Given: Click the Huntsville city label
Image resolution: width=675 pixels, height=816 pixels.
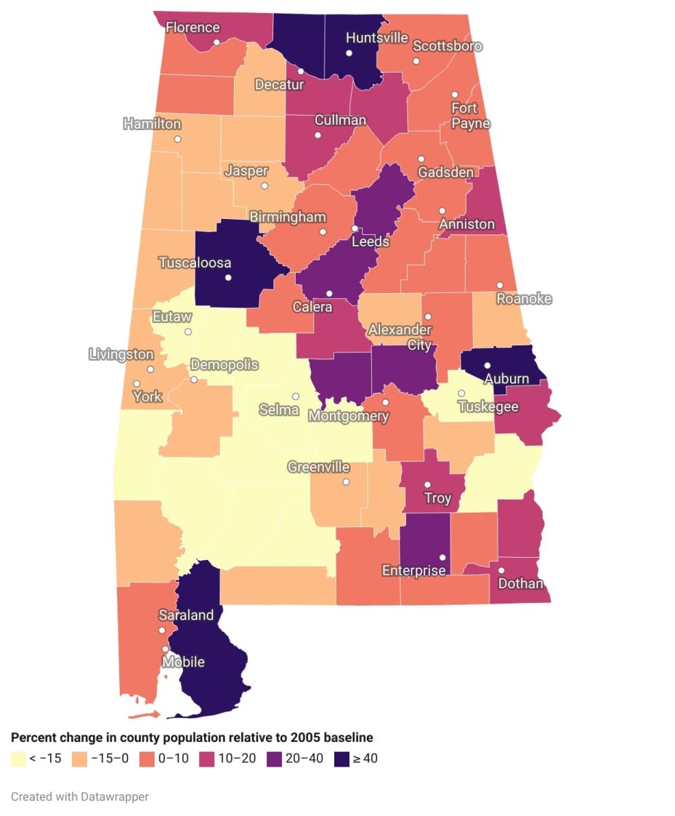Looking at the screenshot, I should (x=376, y=38).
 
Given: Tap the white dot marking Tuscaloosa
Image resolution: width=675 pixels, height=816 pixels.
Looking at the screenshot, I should (x=228, y=278).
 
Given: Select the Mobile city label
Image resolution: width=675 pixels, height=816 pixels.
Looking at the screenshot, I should (x=183, y=662).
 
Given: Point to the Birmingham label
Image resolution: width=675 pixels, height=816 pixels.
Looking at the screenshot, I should (x=288, y=217).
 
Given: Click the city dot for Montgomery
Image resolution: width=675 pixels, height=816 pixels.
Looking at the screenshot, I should (x=386, y=402).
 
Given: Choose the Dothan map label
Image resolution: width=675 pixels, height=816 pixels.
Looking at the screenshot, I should (x=521, y=583).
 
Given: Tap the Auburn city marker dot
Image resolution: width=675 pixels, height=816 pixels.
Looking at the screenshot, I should (x=488, y=366).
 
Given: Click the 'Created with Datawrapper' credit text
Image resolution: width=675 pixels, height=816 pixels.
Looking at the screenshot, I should (x=80, y=796).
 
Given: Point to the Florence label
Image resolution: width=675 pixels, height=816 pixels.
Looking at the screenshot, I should (x=193, y=28).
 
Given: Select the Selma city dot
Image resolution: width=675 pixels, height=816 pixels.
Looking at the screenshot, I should (x=296, y=396).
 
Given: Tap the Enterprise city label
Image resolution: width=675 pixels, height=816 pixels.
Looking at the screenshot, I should (x=414, y=571).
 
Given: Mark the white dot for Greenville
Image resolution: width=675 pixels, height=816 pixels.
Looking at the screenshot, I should (x=346, y=482).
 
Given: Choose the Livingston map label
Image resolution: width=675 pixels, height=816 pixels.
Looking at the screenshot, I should (x=121, y=355).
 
